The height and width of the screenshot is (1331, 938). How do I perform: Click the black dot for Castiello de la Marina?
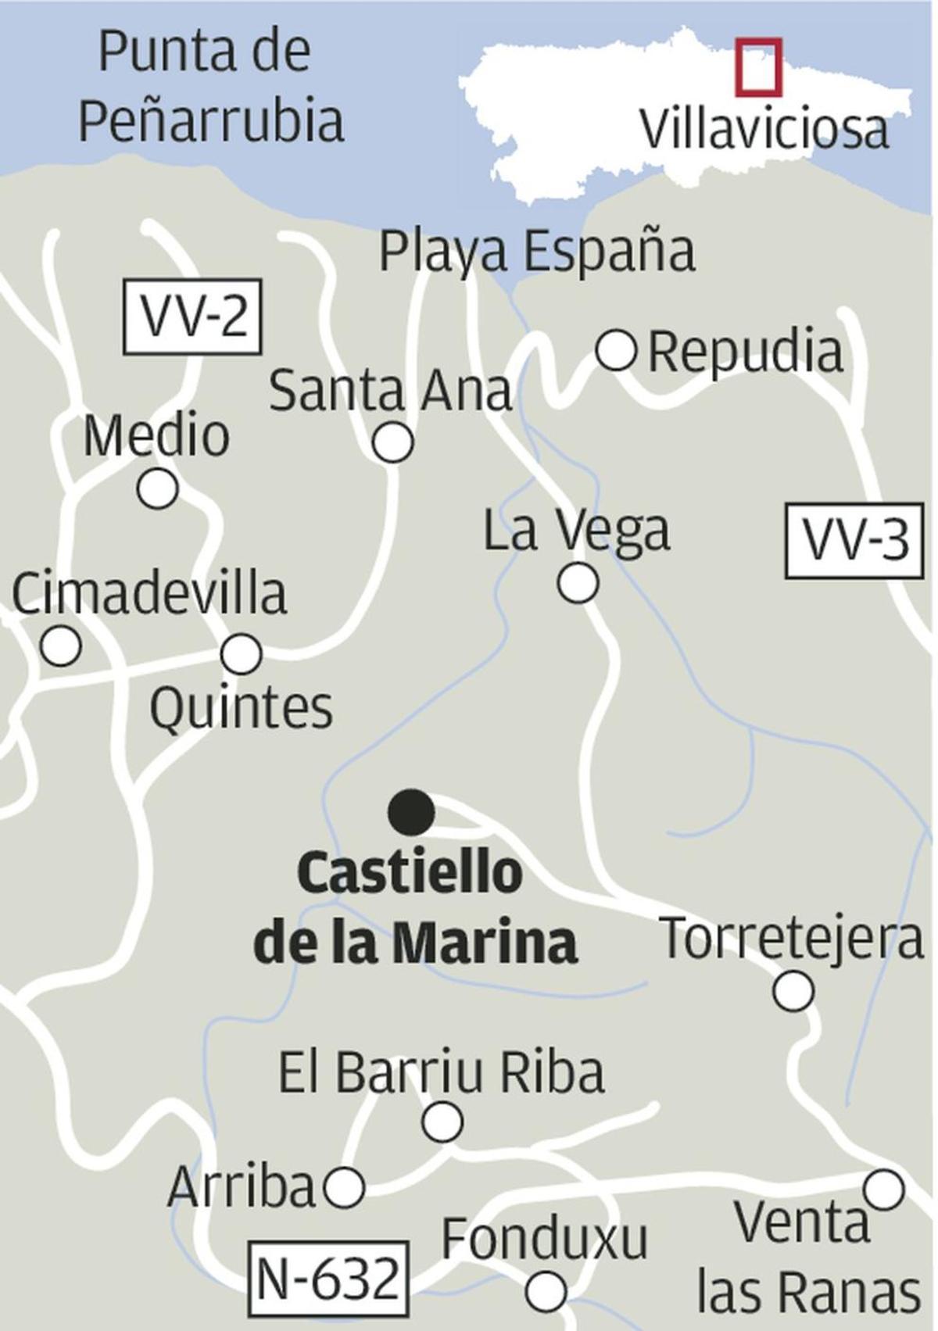(x=412, y=812)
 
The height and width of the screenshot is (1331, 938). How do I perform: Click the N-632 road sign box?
(x=328, y=1279)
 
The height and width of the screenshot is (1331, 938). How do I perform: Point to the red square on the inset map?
(x=757, y=66)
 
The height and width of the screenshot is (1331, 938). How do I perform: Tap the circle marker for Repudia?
(x=616, y=349)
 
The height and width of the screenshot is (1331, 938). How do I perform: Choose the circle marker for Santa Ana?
(x=392, y=443)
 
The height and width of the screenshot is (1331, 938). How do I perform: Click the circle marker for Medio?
(x=157, y=489)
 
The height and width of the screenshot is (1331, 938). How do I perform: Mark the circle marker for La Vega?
(x=578, y=582)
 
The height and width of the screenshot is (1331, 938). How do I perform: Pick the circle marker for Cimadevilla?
(x=60, y=646)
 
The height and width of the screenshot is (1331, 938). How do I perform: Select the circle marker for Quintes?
(x=241, y=654)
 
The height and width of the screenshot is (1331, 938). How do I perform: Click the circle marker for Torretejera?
(x=793, y=990)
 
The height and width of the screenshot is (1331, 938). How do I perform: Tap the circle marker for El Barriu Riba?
(x=442, y=1122)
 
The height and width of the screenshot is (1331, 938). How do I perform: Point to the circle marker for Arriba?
(x=345, y=1188)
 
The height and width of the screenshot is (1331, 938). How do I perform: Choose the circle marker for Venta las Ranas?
(x=884, y=1190)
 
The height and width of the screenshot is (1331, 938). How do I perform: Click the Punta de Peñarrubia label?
(x=211, y=86)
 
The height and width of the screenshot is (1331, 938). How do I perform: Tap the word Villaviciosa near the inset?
(x=764, y=130)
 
